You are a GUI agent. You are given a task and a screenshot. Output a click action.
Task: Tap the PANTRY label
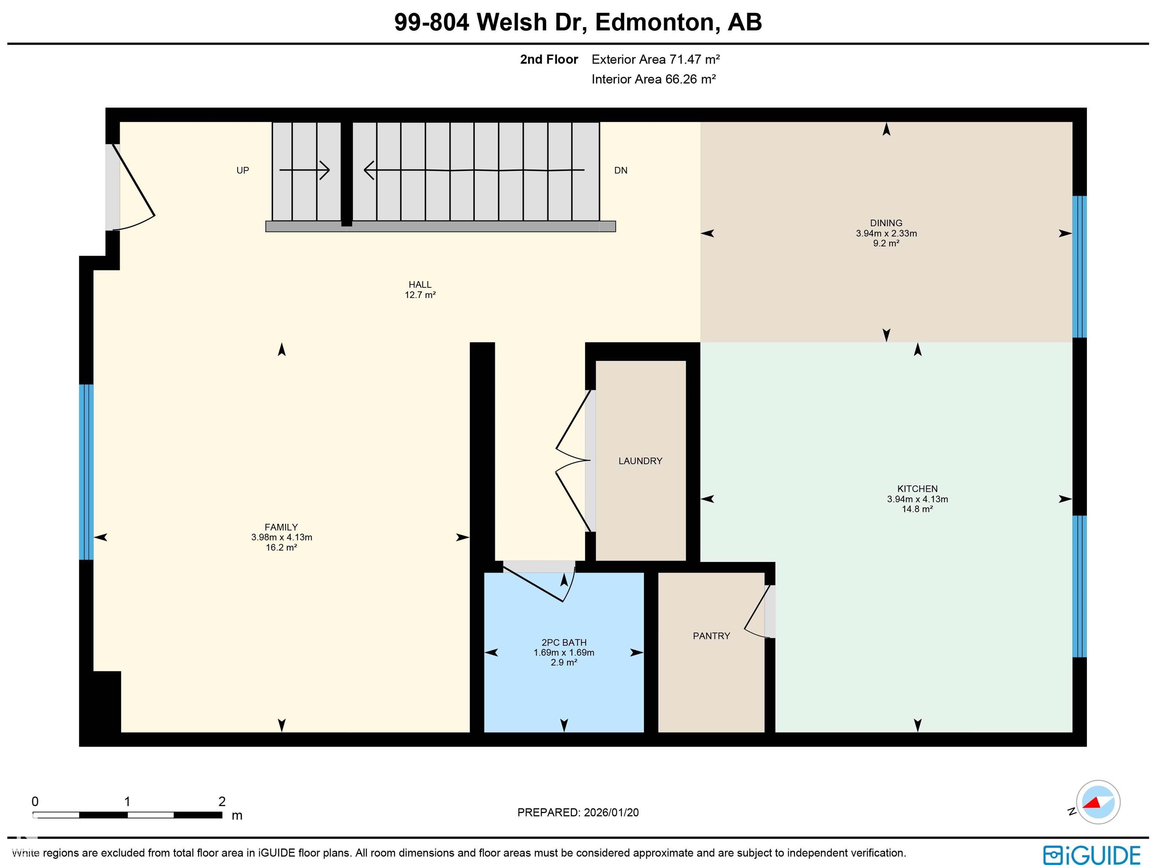coord(711,636)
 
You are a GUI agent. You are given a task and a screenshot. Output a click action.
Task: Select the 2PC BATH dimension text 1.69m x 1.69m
coord(564,653)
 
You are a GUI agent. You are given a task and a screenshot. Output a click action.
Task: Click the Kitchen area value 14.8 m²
coord(917,509)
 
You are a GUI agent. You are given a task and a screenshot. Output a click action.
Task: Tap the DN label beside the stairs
coord(620,170)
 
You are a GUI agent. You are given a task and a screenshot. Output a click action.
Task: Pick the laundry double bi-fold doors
coord(573,461)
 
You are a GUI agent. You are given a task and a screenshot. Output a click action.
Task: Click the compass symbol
coord(1098,802)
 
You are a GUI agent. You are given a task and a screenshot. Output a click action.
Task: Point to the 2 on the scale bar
coord(222,801)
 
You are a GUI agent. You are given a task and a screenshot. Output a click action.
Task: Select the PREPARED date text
coord(577,812)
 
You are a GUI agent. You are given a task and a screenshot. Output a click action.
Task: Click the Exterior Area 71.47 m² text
coord(655,59)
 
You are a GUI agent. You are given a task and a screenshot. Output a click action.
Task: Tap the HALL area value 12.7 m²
coord(420,294)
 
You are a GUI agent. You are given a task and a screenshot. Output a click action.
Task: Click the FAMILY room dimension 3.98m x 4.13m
coord(282,537)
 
